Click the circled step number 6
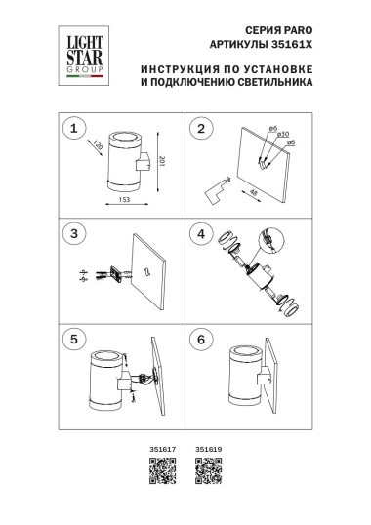point(202,338)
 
